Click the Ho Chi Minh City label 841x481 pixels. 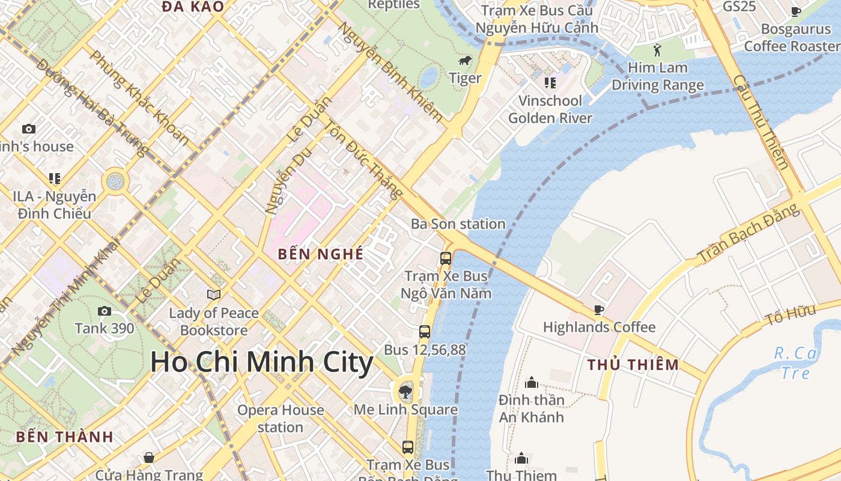(261, 363)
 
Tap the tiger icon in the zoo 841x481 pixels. (465, 61)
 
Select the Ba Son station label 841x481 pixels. (458, 224)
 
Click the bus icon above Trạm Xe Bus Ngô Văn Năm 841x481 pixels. (446, 259)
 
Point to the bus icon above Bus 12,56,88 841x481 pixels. (425, 331)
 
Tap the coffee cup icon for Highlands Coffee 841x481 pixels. (599, 310)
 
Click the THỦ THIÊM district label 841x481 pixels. (633, 365)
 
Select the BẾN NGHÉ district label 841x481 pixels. (321, 254)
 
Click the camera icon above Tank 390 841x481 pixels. (105, 311)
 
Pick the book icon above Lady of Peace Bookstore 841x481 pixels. (214, 295)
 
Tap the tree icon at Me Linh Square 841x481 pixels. (405, 393)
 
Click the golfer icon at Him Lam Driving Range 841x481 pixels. (657, 49)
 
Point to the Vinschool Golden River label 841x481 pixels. (550, 109)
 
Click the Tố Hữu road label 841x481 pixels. (790, 315)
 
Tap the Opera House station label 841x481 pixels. (281, 418)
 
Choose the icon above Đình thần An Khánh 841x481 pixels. (532, 382)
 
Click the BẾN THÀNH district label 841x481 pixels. (65, 437)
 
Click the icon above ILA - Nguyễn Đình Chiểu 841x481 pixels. (55, 179)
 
